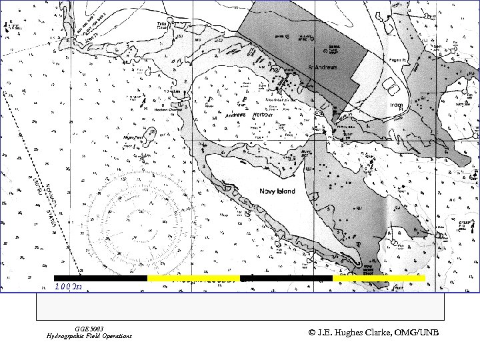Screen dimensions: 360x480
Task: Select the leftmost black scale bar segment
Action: pyautogui.click(x=101, y=278)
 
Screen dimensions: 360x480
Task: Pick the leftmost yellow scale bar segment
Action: pyautogui.click(x=193, y=278)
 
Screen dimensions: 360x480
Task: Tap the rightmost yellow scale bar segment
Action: pyautogui.click(x=379, y=278)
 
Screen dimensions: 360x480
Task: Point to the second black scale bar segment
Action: pyautogui.click(x=286, y=278)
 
